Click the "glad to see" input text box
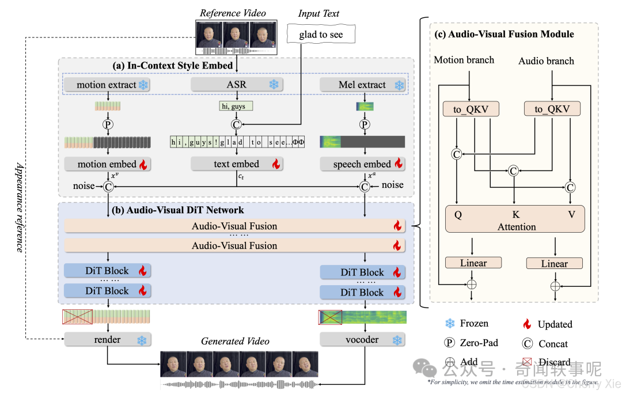(321, 35)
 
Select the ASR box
(236, 85)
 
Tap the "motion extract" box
(107, 85)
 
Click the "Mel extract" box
(362, 85)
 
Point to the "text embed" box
(236, 164)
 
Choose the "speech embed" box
(362, 164)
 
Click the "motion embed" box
(107, 164)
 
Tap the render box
(107, 340)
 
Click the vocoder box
(362, 340)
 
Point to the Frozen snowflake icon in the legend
(450, 324)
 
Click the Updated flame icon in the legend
(527, 324)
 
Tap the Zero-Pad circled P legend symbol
(450, 343)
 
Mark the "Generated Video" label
(235, 342)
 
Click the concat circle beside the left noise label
(107, 186)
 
